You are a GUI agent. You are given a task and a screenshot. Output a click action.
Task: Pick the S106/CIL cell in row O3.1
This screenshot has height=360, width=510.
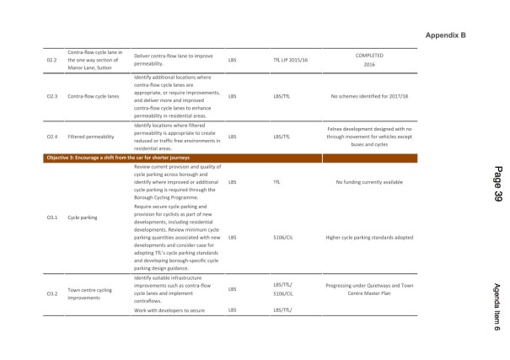tap(282, 237)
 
